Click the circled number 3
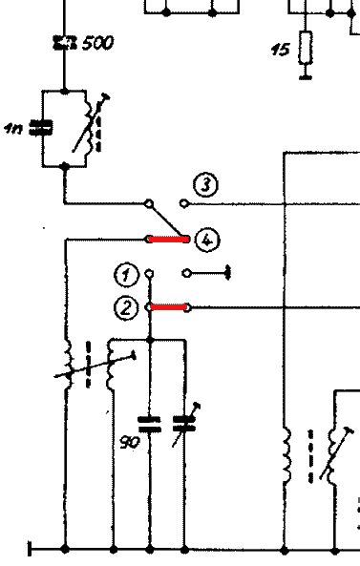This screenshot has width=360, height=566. point(204,184)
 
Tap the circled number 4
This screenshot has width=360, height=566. point(205,240)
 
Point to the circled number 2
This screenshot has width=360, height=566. point(125,307)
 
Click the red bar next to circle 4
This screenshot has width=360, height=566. point(168,239)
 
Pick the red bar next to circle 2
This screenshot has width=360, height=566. point(168,307)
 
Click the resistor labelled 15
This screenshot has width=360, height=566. point(306,46)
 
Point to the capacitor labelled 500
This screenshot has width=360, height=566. point(64,43)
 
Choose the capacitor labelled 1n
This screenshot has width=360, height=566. point(41,128)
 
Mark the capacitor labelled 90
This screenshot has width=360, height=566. point(150,422)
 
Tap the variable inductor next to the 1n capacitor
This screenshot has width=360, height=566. point(88,128)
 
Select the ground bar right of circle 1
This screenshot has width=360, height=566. point(230,274)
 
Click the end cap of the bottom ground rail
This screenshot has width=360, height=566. point(31,550)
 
